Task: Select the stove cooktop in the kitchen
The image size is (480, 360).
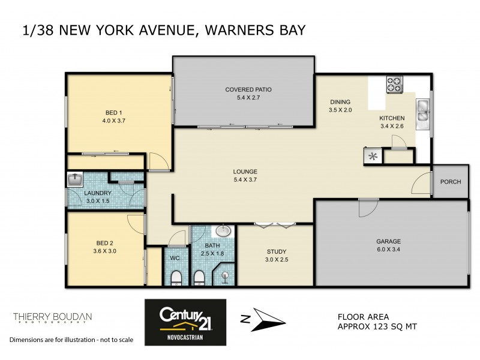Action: (394, 85)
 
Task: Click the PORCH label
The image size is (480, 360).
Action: (450, 182)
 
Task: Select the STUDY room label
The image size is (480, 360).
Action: (276, 251)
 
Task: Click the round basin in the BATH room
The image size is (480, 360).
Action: (223, 231)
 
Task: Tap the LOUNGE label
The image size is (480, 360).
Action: (245, 172)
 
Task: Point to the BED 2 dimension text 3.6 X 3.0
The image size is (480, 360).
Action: (106, 251)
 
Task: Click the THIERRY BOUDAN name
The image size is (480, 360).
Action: (52, 316)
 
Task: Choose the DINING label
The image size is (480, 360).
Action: (339, 102)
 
